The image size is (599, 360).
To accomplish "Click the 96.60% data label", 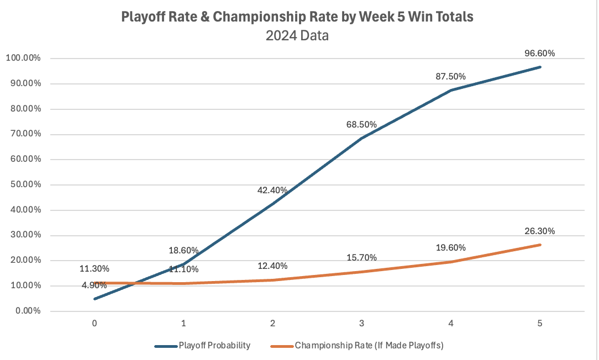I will tap(539, 54).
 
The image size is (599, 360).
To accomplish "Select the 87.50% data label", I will tap(450, 76).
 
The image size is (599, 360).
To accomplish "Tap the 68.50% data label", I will tap(361, 125).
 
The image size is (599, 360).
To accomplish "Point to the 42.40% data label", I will tap(272, 190).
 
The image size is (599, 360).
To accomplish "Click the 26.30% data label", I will tap(539, 231).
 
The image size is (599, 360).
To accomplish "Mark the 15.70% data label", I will tap(361, 257).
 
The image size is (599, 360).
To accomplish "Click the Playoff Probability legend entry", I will tap(214, 346).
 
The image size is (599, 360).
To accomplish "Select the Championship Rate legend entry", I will tap(370, 346).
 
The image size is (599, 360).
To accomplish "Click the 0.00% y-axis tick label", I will tap(25, 311).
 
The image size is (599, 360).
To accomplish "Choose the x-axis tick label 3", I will tap(361, 324).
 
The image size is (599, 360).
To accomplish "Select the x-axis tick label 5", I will tap(539, 324).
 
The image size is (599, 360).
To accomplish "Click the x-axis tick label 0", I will tap(95, 324).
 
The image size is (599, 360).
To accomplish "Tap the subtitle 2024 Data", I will tap(297, 36).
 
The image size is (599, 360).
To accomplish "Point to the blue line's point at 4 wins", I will tap(450, 90).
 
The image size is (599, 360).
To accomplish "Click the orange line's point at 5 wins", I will tap(539, 245).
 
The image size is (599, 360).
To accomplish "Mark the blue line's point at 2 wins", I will tap(272, 204).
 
